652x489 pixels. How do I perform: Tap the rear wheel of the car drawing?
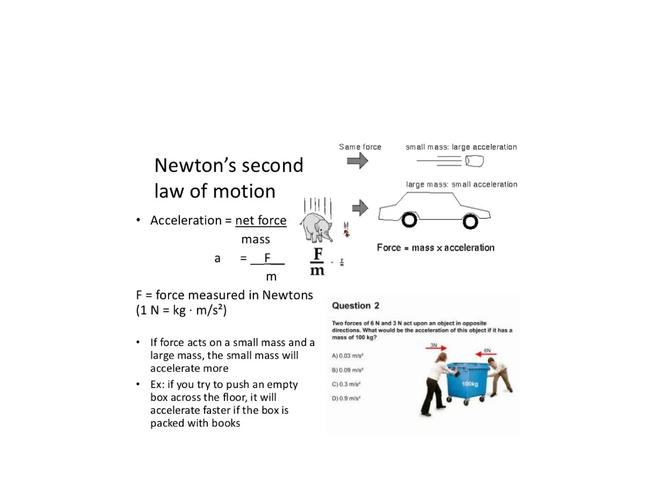click(x=409, y=220)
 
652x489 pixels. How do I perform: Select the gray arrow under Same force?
click(x=357, y=160)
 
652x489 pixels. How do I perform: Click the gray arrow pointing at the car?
click(x=360, y=208)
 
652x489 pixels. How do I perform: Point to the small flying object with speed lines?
click(x=474, y=161)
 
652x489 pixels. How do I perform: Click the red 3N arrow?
click(x=436, y=348)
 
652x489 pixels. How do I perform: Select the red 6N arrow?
click(x=486, y=354)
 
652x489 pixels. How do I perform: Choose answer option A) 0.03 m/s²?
click(x=348, y=356)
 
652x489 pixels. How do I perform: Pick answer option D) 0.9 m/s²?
click(x=346, y=398)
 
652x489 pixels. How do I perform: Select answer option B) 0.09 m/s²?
click(x=348, y=370)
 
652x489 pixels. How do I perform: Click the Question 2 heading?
click(x=355, y=306)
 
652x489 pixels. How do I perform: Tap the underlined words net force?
click(x=261, y=220)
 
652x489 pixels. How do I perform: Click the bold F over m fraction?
click(x=317, y=262)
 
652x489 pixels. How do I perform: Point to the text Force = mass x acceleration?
click(x=436, y=248)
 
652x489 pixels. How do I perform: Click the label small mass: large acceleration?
click(x=461, y=147)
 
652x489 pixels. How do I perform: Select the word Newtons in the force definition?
click(x=287, y=295)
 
